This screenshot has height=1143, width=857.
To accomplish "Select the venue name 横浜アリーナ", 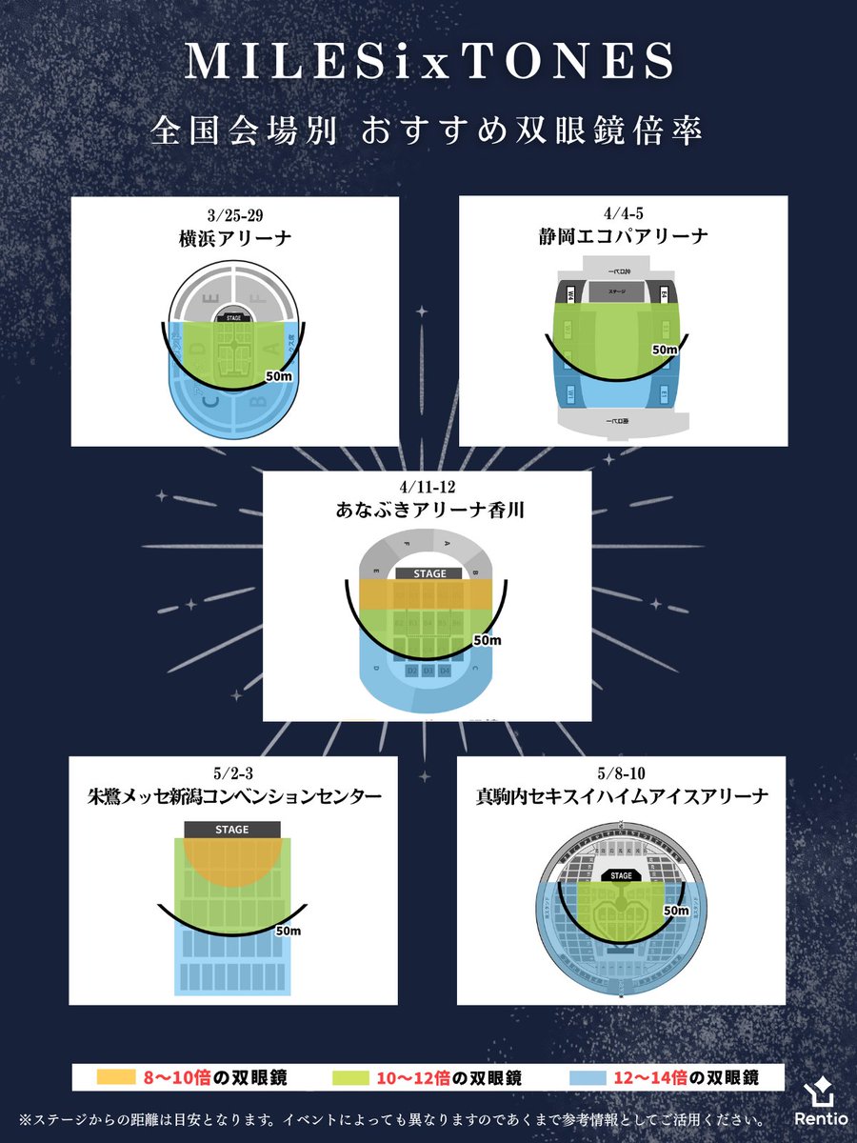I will pos(234,238).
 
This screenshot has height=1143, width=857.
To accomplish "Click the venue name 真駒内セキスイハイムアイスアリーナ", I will pos(621,796).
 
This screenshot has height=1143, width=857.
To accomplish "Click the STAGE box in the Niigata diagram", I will pos(232,830).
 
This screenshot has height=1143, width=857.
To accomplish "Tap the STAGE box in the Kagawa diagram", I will pos(428,573).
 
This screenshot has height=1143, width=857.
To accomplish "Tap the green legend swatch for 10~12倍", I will pos(354,1078).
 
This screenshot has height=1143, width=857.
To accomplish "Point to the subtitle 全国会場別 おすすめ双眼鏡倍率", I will pos(428,131).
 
